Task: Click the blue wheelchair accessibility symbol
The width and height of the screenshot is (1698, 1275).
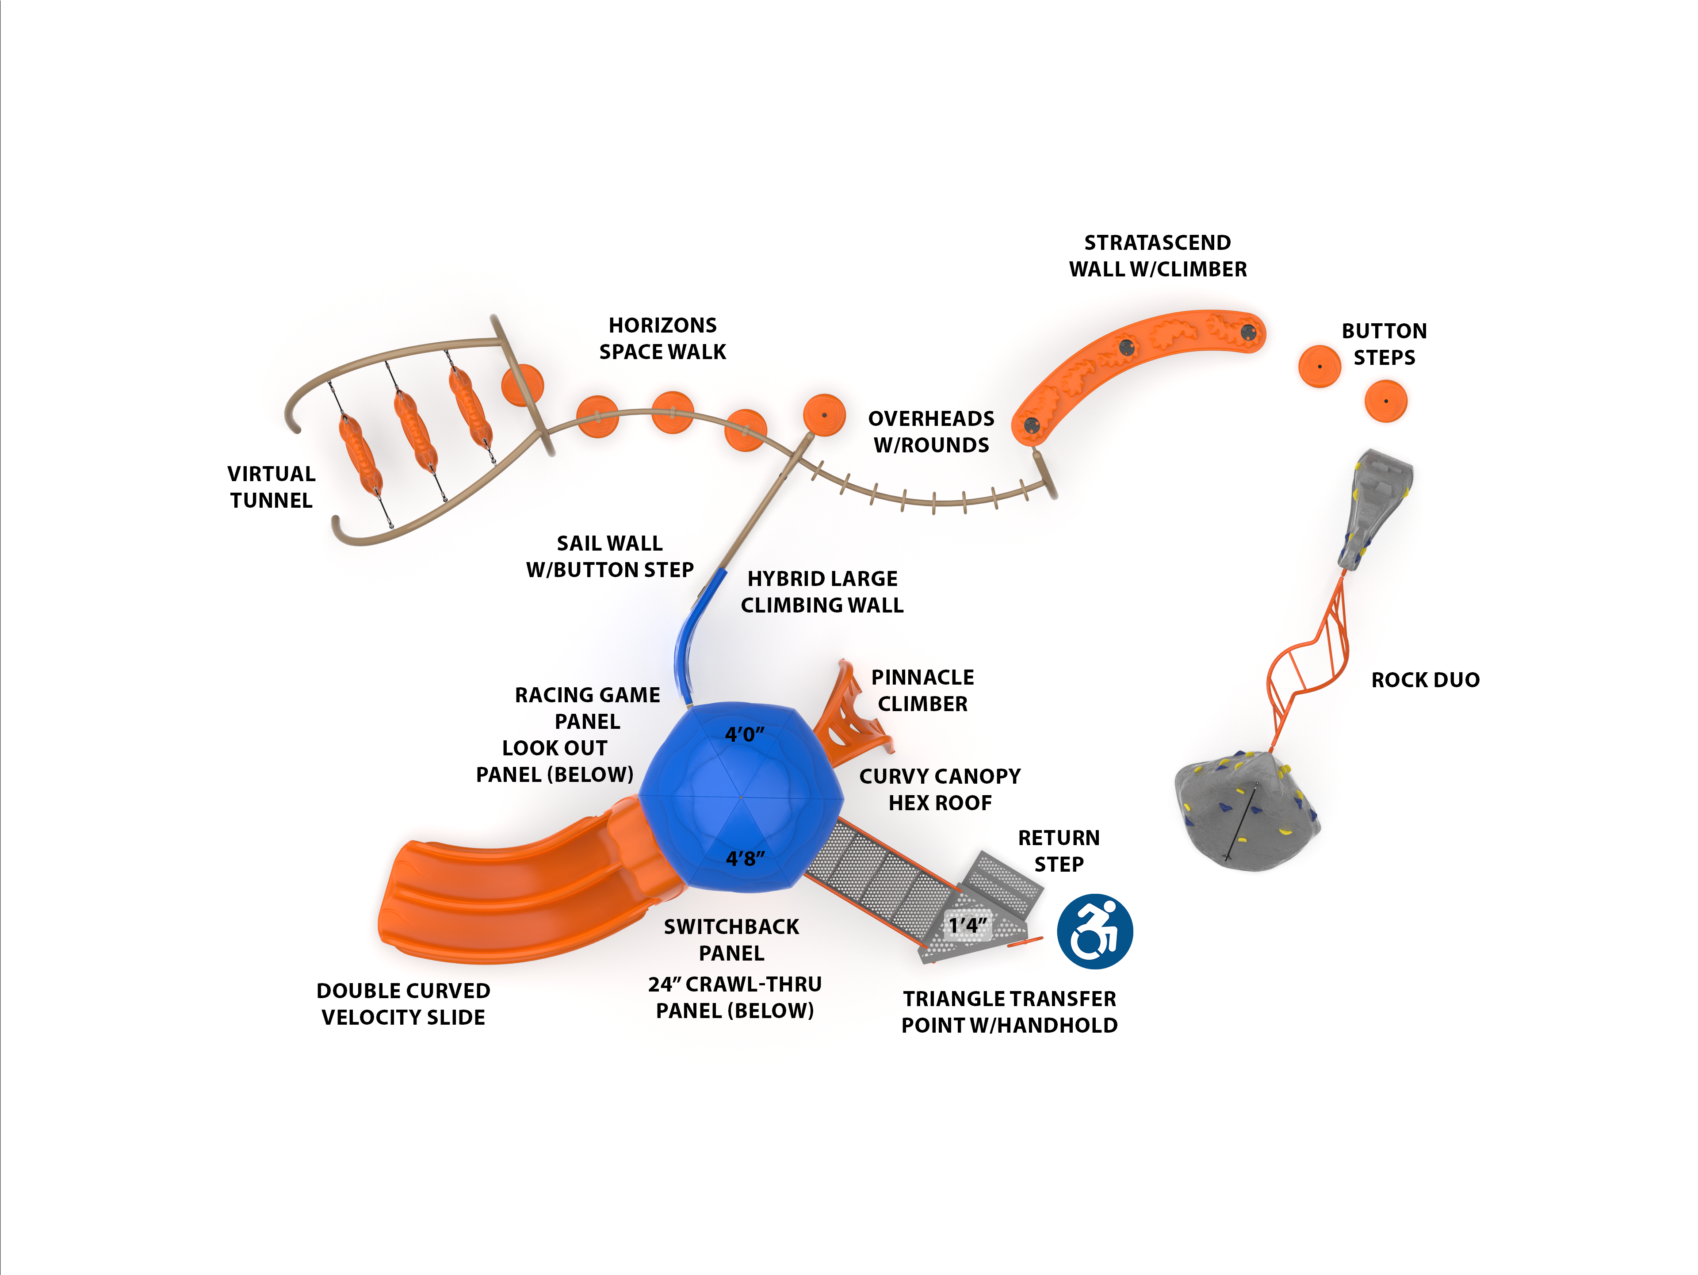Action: click(x=1095, y=931)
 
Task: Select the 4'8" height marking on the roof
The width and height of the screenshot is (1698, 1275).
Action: click(x=745, y=858)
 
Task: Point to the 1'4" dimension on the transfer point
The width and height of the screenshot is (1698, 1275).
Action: click(x=967, y=925)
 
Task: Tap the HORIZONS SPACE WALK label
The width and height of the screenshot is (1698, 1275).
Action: click(x=662, y=338)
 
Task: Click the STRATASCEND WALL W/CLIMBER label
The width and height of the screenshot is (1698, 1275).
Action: click(x=1158, y=256)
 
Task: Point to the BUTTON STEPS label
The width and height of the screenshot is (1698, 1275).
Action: click(x=1384, y=344)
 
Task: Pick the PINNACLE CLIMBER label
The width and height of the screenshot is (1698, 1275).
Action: click(x=923, y=690)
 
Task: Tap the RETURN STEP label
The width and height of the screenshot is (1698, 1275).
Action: click(x=1059, y=850)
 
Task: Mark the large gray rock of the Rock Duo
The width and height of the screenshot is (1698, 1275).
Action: click(x=1243, y=814)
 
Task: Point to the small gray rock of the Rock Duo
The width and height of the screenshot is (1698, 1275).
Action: click(x=1378, y=507)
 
